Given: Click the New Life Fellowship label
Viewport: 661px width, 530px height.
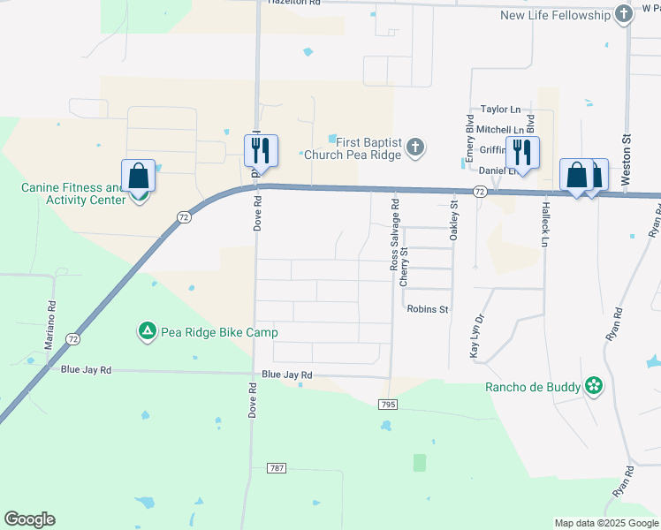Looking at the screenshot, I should pos(556,15).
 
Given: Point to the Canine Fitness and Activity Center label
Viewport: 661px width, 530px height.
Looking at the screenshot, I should pos(74,193).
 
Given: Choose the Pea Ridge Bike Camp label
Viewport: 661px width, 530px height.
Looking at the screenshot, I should pos(219,333).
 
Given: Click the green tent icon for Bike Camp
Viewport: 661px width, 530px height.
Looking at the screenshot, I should pos(146,332).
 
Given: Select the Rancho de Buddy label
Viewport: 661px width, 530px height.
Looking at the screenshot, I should pos(533,387).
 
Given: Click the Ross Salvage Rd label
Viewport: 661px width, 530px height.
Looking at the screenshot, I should pos(395,234).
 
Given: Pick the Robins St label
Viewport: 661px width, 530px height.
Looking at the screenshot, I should pos(428,309).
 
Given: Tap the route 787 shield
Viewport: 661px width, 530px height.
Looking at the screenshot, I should pos(276,466).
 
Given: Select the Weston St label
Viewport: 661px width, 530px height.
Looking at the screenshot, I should pos(626,159).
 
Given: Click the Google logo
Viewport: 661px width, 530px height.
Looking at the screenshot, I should pos(29,519).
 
